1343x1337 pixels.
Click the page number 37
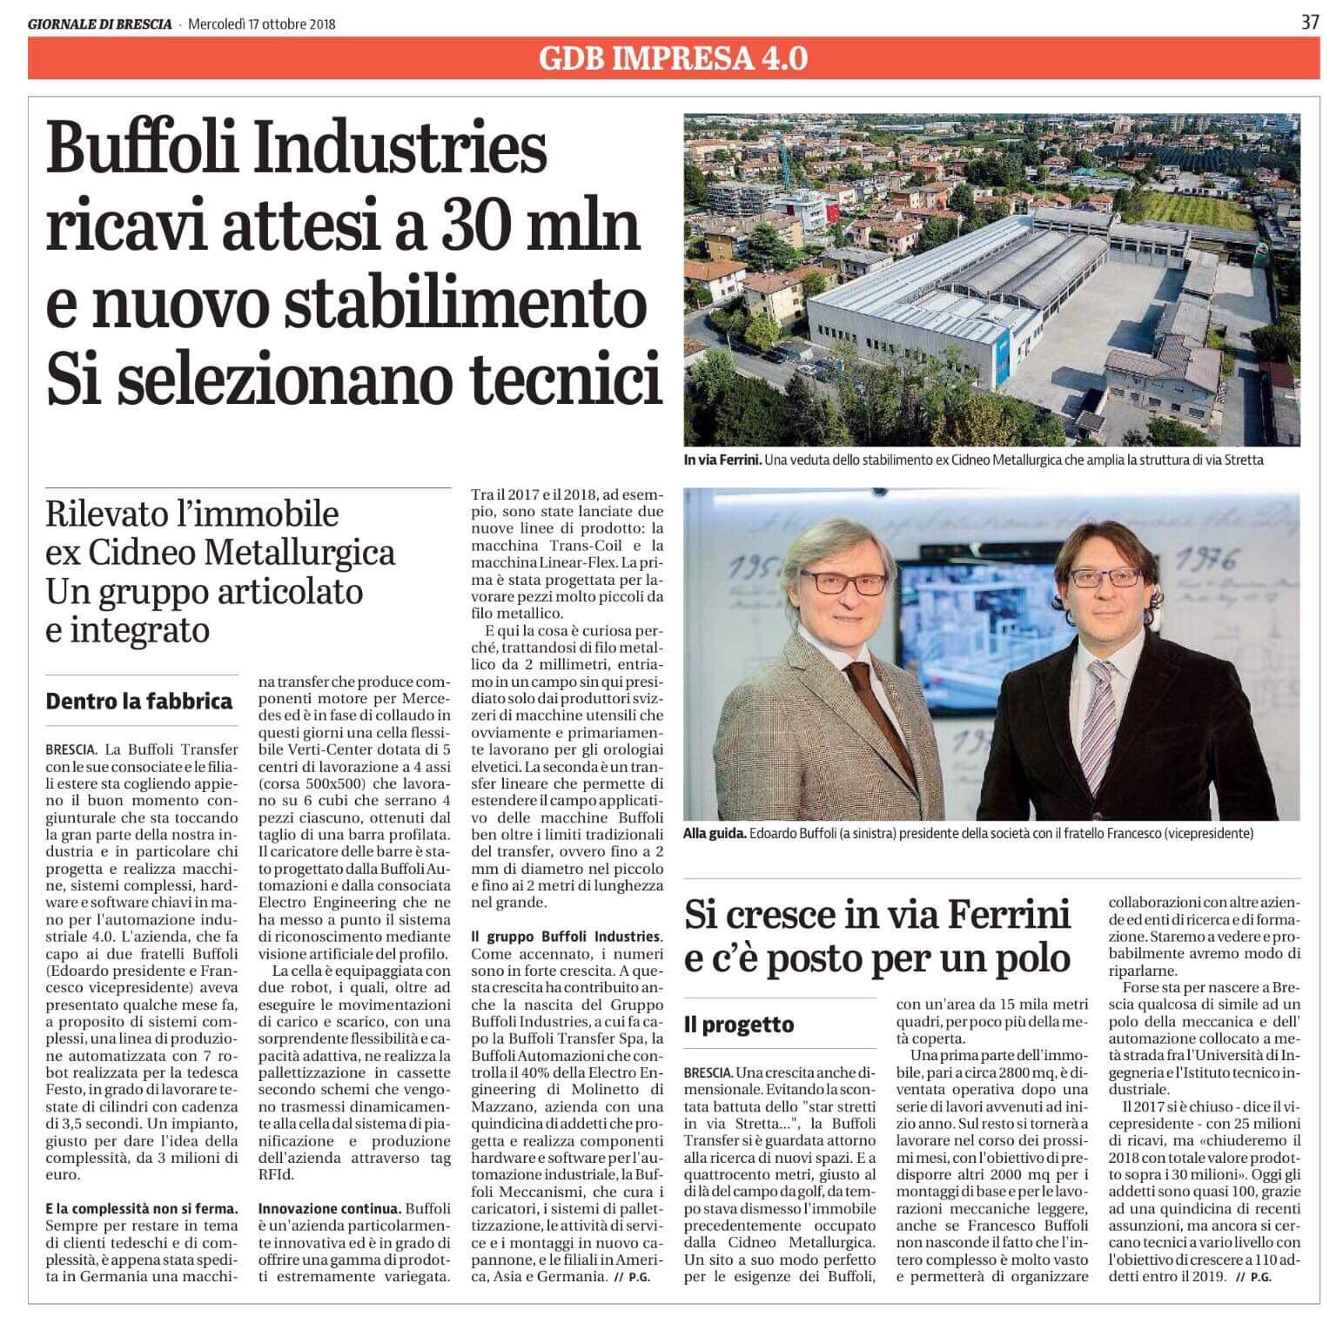[x=1310, y=23]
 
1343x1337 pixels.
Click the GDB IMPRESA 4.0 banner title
[x=673, y=58]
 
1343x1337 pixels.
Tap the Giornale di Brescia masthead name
[x=100, y=24]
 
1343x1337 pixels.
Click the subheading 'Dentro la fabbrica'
[x=139, y=702]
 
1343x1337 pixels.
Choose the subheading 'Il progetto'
[x=739, y=1025]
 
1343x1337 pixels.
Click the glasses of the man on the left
[x=833, y=581]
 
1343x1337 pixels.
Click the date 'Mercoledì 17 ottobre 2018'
[x=262, y=24]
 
